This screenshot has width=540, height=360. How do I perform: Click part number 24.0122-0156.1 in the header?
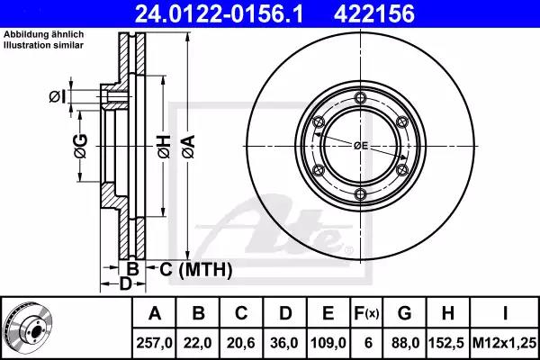pos(219,13)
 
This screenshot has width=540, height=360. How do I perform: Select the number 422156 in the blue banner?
pos(373,13)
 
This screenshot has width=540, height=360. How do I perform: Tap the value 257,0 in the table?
pos(154,343)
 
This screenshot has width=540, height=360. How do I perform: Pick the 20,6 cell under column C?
pos(241,343)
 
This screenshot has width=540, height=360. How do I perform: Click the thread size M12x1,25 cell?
pos(505,343)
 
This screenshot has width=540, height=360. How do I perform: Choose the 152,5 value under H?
pos(446,343)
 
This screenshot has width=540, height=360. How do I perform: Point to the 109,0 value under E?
pos(328,343)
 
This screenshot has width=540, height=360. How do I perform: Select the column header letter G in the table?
pos(404,313)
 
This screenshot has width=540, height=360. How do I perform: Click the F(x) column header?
pos(366,313)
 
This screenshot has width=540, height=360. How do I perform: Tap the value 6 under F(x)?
pos(368,343)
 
